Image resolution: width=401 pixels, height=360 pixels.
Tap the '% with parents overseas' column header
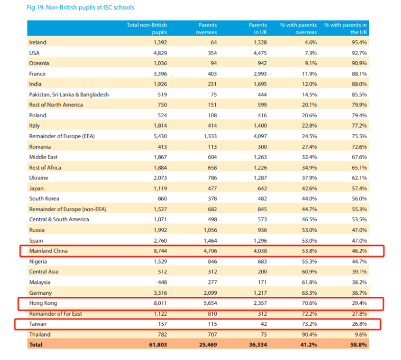(298, 29)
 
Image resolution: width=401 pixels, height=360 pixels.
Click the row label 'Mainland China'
(48, 251)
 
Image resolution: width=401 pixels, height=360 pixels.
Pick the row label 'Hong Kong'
(43, 303)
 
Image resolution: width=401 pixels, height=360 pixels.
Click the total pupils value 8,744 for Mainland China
(157, 251)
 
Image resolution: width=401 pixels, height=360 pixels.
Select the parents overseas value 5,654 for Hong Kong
(207, 303)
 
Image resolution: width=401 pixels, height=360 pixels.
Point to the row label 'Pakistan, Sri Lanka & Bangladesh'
(69, 94)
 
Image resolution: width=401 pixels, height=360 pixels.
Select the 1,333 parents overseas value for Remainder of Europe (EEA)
(207, 136)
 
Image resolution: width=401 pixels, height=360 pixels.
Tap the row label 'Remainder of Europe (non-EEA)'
(68, 209)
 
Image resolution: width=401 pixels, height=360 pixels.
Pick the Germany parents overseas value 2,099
(207, 293)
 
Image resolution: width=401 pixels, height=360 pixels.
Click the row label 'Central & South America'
(59, 219)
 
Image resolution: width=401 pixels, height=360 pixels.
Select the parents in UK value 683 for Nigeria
(260, 261)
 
